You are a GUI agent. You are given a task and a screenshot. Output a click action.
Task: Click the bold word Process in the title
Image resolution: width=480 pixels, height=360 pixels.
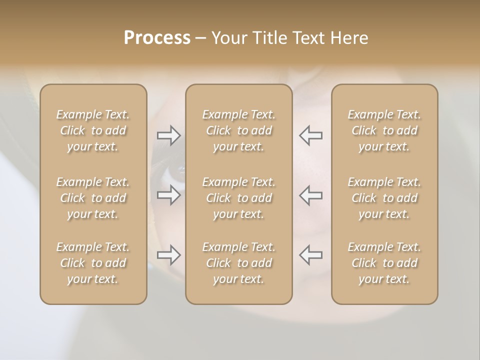pos(157,38)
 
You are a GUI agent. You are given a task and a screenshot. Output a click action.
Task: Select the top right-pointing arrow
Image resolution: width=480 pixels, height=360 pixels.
pos(169,135)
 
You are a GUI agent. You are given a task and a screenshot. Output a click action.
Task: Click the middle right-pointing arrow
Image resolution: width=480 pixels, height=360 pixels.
pos(169,194)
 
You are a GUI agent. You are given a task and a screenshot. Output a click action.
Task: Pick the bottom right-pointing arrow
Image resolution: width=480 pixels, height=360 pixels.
pos(169,255)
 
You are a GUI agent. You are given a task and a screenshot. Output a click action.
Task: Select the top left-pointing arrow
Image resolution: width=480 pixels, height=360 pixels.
pos(310,135)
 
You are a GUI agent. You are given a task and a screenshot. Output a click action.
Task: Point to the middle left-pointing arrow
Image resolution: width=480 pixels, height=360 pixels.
pos(310,194)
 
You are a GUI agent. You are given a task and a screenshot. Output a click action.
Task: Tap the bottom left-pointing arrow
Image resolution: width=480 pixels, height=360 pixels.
pos(310,255)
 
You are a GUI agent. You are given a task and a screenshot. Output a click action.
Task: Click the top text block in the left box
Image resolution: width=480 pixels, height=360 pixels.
pos(93,130)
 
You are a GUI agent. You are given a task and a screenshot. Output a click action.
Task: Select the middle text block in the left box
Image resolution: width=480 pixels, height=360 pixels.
pos(93,198)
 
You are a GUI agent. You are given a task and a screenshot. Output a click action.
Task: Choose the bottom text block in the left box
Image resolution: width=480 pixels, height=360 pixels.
pos(93,263)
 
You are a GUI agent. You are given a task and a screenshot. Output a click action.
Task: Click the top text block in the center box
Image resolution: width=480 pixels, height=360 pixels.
pos(239,130)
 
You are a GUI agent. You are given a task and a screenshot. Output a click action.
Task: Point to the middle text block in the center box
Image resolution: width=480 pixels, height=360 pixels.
pos(239,198)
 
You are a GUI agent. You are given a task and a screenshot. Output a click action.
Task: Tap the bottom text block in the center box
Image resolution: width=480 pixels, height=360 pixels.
pos(239,263)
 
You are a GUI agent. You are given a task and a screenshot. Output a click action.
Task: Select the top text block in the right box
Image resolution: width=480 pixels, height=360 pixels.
pos(384,130)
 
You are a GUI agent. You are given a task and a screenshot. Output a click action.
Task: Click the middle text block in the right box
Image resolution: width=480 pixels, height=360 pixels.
pos(384,198)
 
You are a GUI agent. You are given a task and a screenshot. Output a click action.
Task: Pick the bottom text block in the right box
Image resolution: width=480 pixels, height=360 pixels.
pos(384,263)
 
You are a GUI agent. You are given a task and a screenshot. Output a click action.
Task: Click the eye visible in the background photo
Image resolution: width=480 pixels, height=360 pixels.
pos(176,173)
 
